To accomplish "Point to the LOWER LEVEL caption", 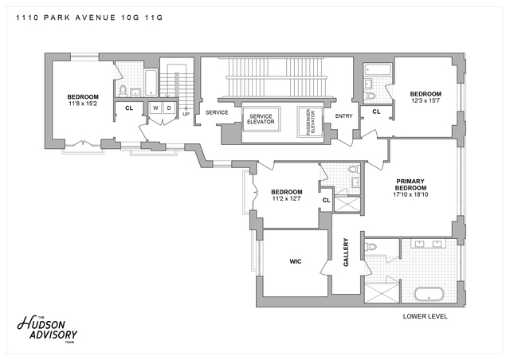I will click(425, 316).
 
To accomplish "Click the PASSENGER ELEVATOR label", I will click(310, 120).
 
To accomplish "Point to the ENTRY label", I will click(344, 116).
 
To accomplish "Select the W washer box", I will click(155, 108).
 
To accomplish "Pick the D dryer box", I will click(168, 108).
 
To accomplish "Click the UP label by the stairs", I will click(186, 114).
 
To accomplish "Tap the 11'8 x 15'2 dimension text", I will click(83, 104).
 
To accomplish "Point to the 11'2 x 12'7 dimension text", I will click(286, 199).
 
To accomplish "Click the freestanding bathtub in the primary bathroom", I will click(430, 295).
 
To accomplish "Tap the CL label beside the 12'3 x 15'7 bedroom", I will click(376, 112).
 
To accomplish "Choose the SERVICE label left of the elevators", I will click(217, 112).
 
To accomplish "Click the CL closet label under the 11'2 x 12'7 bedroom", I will click(326, 200).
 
